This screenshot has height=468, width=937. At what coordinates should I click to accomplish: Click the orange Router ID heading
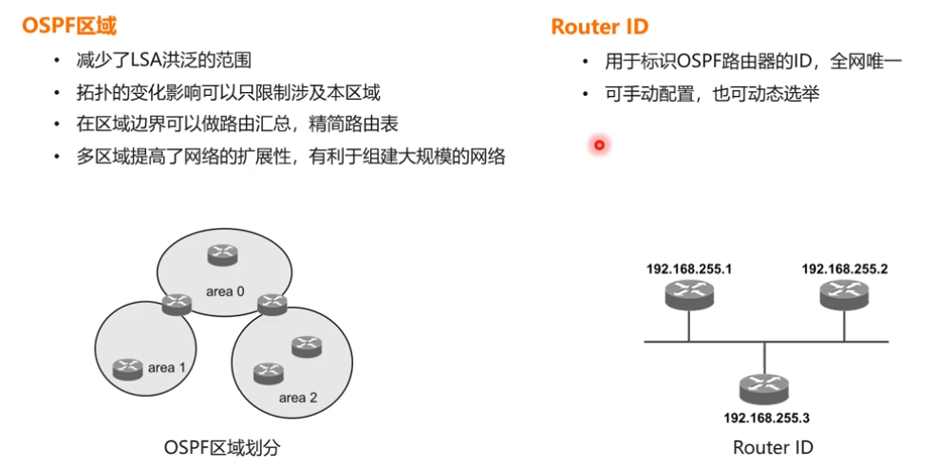pyautogui.click(x=599, y=26)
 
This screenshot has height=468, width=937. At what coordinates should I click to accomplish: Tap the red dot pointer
pyautogui.click(x=599, y=145)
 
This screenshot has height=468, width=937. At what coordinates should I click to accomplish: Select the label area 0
pyautogui.click(x=226, y=290)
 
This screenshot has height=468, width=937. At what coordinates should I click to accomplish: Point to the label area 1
pyautogui.click(x=167, y=366)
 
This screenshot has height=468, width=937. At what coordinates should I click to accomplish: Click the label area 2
pyautogui.click(x=298, y=397)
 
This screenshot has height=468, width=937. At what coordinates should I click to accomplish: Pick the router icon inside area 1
pyautogui.click(x=126, y=367)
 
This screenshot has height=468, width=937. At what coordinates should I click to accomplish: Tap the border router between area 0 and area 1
pyautogui.click(x=177, y=305)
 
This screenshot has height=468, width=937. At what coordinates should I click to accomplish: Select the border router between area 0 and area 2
pyautogui.click(x=272, y=305)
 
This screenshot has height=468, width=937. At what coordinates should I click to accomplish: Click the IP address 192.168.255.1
pyautogui.click(x=690, y=269)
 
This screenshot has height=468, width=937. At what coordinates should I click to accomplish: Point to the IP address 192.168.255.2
pyautogui.click(x=845, y=269)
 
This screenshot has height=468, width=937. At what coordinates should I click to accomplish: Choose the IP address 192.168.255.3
pyautogui.click(x=766, y=417)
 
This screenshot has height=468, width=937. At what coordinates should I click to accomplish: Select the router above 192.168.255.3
pyautogui.click(x=764, y=385)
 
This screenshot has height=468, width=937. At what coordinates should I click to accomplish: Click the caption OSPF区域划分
pyautogui.click(x=223, y=446)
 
